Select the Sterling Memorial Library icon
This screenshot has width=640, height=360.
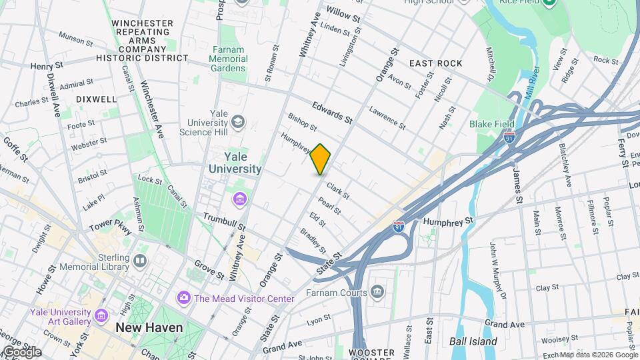coord(139,260)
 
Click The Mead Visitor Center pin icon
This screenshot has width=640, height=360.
coord(183,298)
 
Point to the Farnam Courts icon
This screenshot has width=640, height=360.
coord(377,291)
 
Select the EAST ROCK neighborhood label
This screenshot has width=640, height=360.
coord(435,63)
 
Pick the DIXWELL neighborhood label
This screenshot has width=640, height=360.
coord(97,99)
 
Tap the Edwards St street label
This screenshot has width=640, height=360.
coord(331,111)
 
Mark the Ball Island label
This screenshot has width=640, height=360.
coord(473,341)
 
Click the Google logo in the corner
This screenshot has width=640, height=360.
coord(22,351)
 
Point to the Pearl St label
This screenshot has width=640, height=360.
coord(329,206)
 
